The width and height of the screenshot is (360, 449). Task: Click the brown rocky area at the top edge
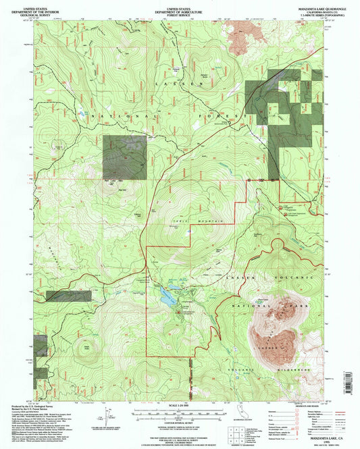(240, 37)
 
